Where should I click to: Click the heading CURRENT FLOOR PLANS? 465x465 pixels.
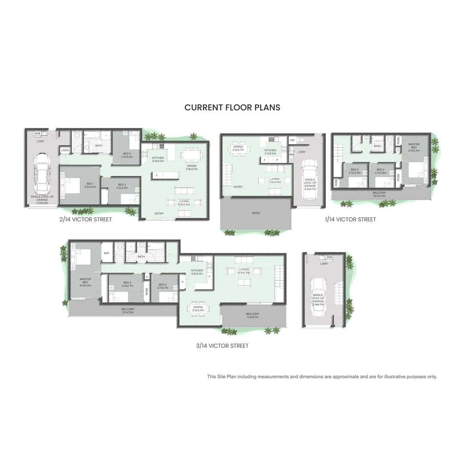(232, 107)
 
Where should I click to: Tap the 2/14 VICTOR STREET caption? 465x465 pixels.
(86, 220)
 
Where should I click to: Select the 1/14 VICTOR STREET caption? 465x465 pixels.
(350, 220)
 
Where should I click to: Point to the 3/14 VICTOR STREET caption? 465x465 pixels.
(222, 346)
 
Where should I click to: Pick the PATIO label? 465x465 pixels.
(256, 213)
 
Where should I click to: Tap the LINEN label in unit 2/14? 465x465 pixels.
(65, 150)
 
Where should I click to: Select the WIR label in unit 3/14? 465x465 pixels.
(106, 253)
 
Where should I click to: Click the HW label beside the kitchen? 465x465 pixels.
(292, 140)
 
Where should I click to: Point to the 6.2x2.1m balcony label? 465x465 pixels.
(253, 316)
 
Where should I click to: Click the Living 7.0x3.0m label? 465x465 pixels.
(275, 180)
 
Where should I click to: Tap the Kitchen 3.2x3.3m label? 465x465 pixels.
(197, 272)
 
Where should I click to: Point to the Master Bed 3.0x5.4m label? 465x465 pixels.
(414, 147)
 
